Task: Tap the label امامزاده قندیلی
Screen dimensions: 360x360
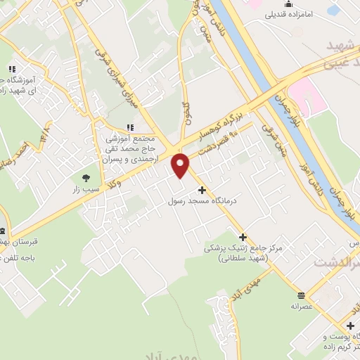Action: coord(294,13)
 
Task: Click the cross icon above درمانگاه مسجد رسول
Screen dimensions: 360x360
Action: coord(202,190)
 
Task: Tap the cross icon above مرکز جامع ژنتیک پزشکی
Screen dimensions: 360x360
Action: coord(243,237)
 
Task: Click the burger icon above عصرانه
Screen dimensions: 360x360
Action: coord(301,295)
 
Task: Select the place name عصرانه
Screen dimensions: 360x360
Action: coord(301,307)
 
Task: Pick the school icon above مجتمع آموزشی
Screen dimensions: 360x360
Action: coord(129,127)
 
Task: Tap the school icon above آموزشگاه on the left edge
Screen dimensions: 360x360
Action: coord(12,70)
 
